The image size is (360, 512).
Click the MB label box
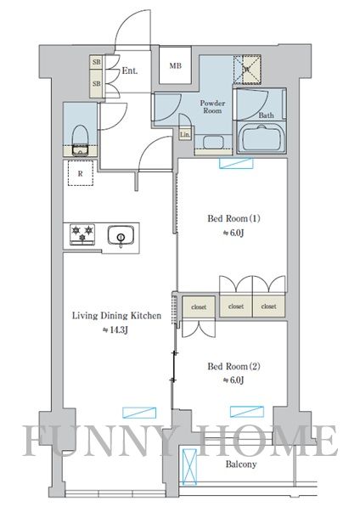175,65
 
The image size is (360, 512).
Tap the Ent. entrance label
130,70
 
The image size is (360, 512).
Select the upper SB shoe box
96,62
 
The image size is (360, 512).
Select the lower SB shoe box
96,83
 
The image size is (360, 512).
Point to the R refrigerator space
81,173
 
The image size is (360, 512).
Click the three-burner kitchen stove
82,234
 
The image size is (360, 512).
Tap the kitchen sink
121,235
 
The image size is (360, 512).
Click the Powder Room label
212,107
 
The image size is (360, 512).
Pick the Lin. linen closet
185,134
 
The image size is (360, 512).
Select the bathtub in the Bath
262,138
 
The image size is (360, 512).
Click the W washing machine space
247,70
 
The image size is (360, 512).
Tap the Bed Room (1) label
233,218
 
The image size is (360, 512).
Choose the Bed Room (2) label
233,366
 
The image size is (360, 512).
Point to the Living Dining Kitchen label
116,316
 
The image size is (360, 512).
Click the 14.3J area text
115,330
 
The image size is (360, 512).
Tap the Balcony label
241,464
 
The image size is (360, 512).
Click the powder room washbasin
213,143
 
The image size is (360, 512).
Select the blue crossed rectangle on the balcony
189,467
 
